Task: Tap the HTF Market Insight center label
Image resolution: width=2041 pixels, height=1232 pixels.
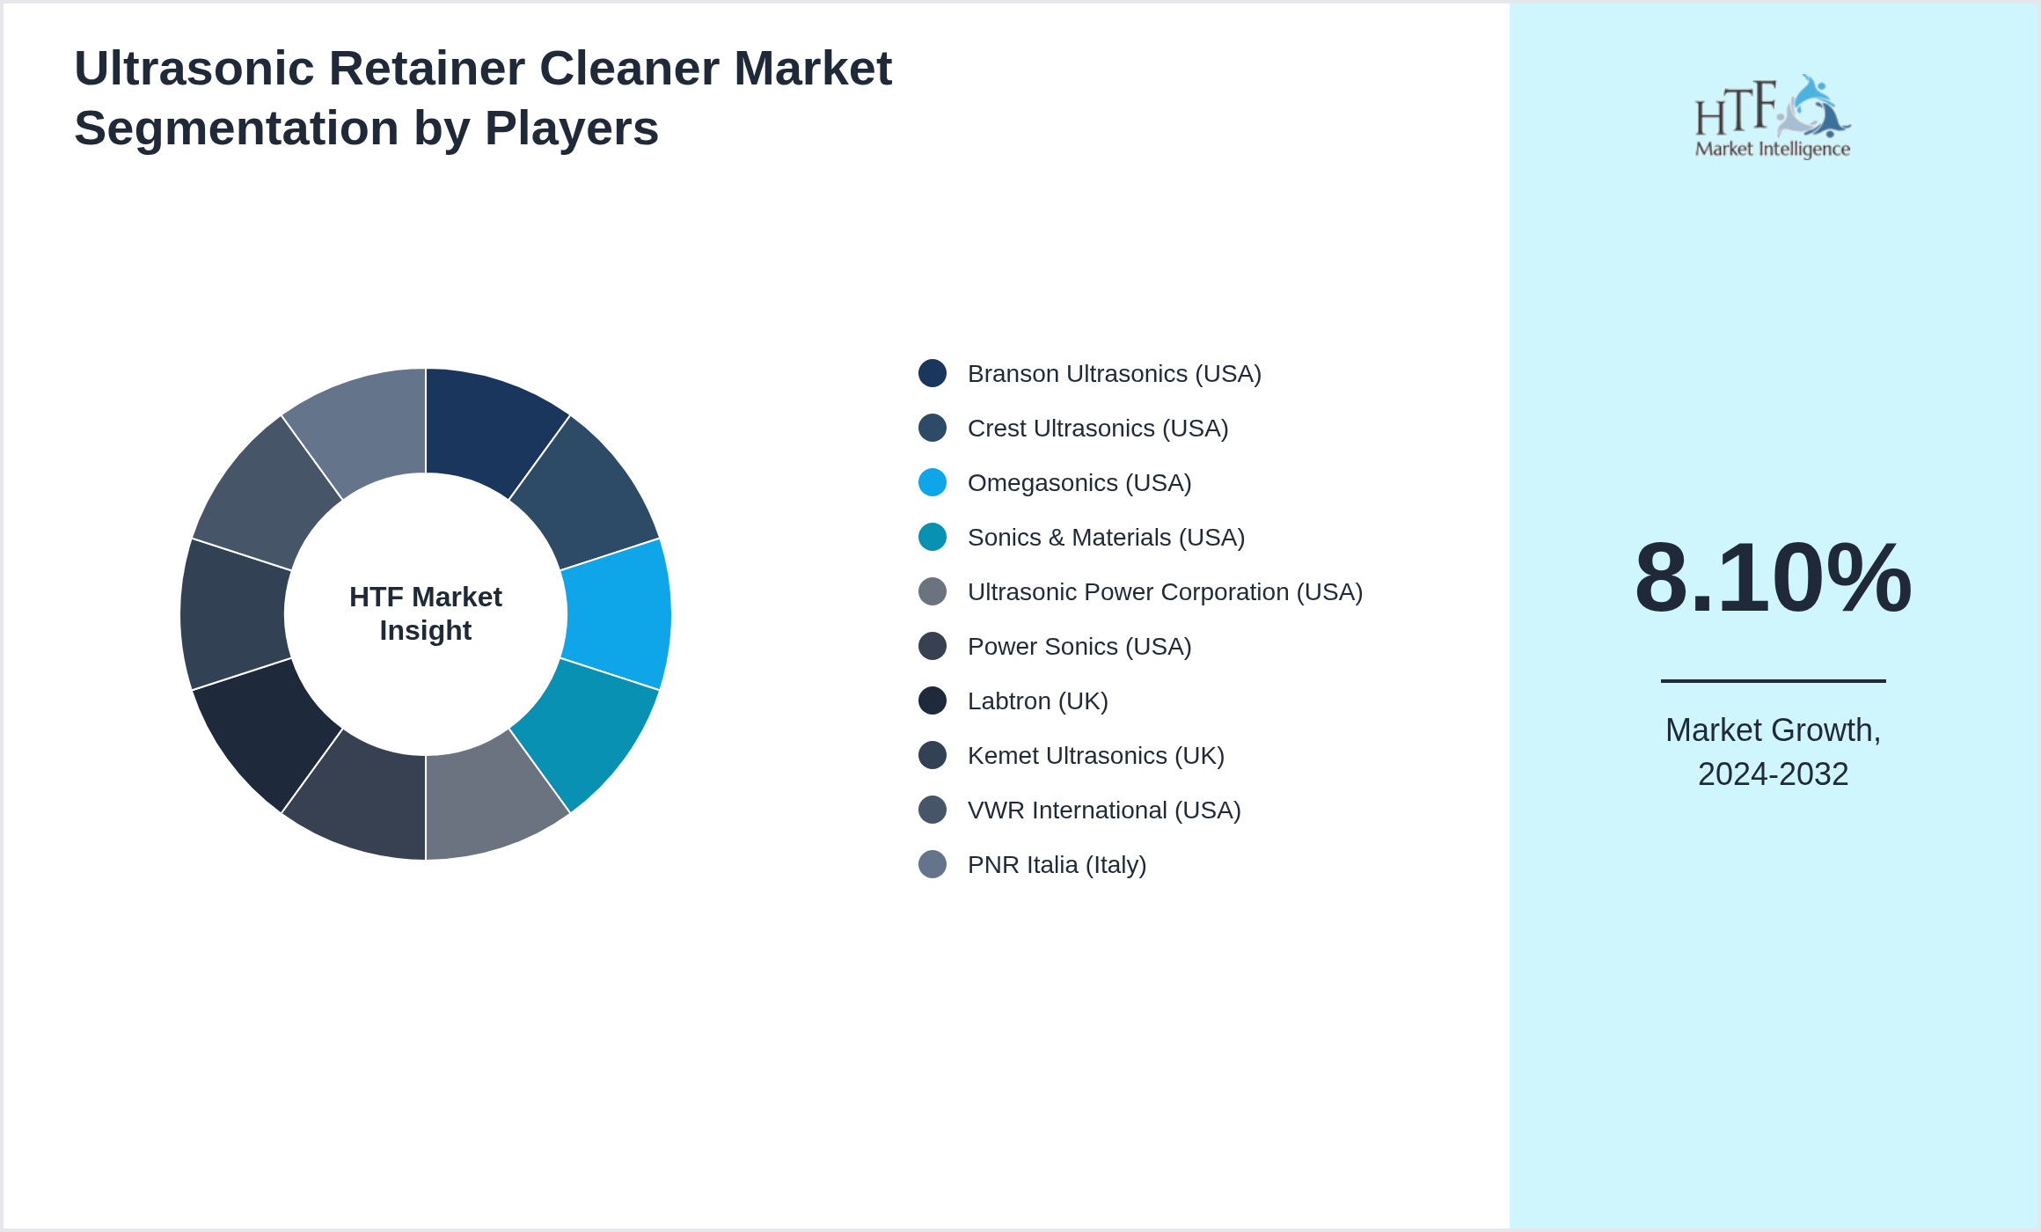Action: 426,613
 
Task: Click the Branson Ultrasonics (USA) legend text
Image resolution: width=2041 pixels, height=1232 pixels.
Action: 1114,374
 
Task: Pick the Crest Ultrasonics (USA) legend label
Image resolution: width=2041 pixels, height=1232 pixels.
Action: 1097,429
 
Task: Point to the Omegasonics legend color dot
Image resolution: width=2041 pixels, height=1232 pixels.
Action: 933,482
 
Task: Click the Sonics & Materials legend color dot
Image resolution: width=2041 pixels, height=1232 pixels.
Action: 933,537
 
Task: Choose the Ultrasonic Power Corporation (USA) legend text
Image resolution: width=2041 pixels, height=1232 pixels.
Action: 1165,592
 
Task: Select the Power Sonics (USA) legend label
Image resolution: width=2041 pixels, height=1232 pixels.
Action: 1079,647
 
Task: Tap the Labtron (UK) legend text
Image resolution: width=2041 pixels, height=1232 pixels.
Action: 1037,701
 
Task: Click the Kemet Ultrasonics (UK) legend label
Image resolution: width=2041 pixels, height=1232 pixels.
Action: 1095,756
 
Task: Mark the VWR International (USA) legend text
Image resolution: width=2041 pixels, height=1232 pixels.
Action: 1103,810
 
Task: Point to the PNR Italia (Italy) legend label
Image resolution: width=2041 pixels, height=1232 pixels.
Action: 1057,865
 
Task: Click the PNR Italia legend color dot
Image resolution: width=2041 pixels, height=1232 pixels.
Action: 933,864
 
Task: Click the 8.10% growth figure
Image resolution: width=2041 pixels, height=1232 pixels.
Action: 1773,578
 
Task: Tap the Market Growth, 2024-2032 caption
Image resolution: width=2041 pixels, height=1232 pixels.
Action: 1773,752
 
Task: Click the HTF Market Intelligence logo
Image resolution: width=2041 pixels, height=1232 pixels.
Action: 1773,116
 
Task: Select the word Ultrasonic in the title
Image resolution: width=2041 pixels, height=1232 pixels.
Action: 194,69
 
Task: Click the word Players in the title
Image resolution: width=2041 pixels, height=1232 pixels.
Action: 571,128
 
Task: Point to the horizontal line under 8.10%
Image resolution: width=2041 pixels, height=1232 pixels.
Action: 1773,680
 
